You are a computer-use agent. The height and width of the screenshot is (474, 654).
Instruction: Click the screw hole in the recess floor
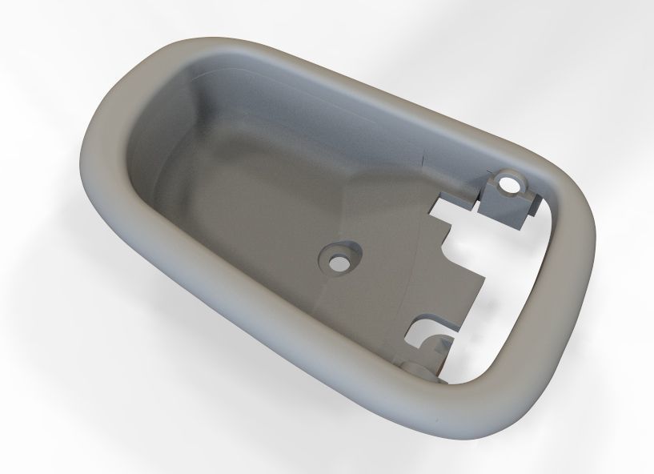(339, 262)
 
